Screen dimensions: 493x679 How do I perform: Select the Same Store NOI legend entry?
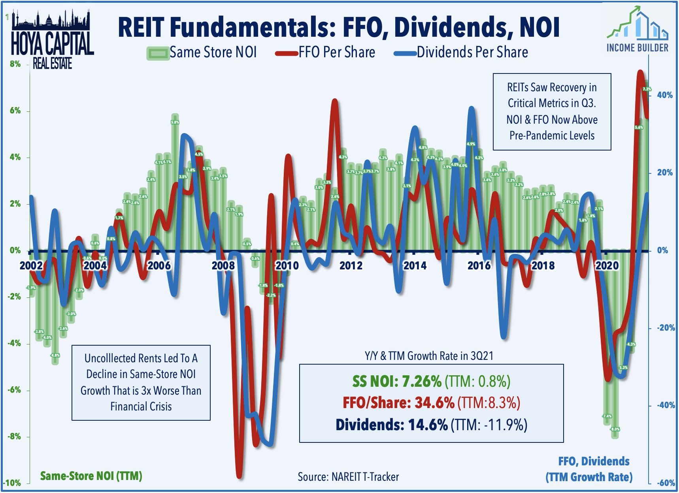(202, 53)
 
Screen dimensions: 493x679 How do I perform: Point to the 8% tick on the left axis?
(15, 64)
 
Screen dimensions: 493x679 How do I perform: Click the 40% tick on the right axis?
(665, 95)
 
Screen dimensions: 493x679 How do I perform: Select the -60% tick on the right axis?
(666, 483)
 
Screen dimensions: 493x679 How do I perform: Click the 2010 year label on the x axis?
(287, 265)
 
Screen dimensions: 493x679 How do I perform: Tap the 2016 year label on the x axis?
(479, 265)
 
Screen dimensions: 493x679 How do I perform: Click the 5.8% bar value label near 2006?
(175, 122)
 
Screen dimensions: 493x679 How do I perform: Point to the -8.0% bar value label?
(615, 429)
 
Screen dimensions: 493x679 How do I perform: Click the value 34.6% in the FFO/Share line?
(434, 403)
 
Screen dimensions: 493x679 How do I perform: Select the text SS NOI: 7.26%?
(396, 382)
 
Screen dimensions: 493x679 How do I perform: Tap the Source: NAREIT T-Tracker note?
(348, 477)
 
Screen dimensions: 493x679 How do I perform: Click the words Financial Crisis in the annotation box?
(141, 406)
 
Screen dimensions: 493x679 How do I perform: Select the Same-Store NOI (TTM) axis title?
(91, 476)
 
